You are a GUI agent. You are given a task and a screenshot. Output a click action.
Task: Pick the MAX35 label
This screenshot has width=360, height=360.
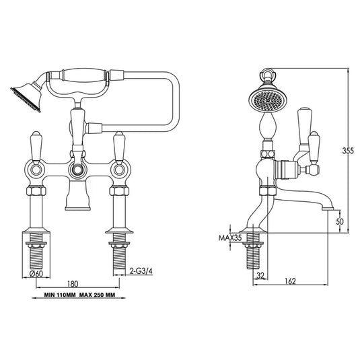click(229, 238)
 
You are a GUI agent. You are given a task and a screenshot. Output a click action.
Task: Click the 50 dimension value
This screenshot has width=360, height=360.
click(339, 221)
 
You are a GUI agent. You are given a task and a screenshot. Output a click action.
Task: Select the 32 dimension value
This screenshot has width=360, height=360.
click(260, 276)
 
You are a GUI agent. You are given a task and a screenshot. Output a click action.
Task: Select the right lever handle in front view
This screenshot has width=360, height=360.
click(121, 146)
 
